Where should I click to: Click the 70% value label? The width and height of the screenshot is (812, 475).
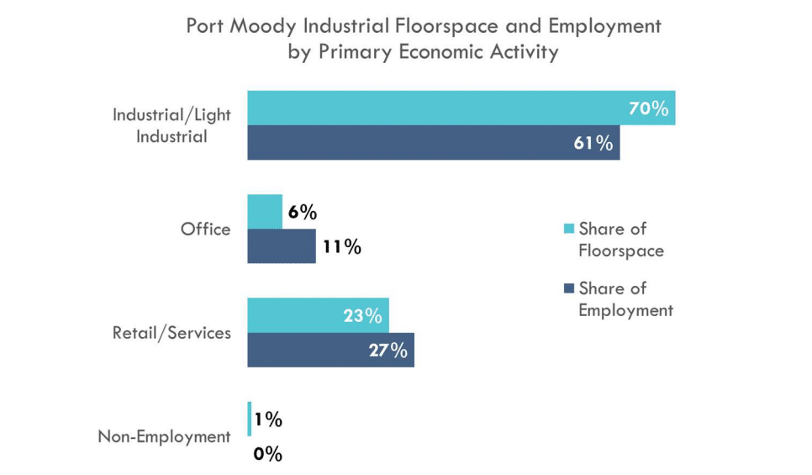tap(648, 108)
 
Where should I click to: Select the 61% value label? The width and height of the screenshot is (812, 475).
tap(593, 143)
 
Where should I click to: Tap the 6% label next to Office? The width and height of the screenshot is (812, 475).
tap(302, 213)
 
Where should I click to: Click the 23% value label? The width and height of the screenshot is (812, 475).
tap(362, 316)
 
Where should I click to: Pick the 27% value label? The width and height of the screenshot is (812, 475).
tap(388, 351)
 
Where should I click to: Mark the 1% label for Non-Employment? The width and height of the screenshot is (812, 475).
tap(268, 420)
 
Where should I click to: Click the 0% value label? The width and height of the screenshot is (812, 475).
tap(267, 455)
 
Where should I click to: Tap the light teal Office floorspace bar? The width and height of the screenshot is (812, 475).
tap(265, 212)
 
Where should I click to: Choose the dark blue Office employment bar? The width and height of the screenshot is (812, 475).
tap(282, 246)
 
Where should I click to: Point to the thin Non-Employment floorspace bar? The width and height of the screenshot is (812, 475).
tap(249, 420)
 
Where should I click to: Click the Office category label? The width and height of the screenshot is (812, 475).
tap(205, 230)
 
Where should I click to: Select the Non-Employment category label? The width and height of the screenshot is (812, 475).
tap(164, 436)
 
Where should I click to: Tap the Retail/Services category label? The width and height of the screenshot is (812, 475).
tap(171, 333)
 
